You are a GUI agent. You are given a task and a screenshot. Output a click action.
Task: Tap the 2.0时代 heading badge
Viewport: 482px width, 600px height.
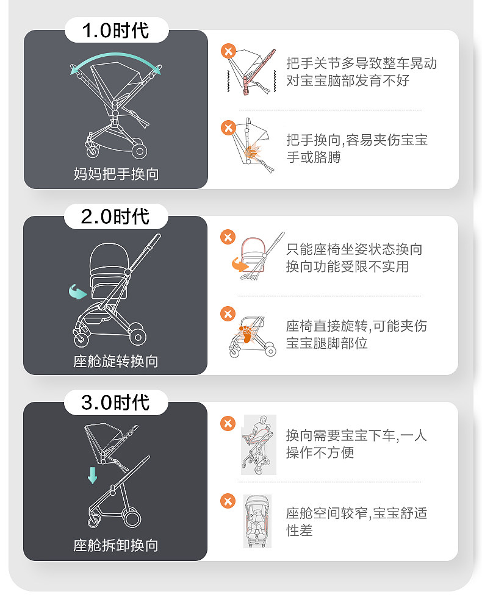coord(115,216)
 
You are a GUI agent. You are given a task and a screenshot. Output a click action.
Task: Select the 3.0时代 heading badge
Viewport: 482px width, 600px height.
coord(115,402)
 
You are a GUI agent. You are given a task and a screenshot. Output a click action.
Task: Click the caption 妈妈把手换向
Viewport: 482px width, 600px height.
coord(115,174)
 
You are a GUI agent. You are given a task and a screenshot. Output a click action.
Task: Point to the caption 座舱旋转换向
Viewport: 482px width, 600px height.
coord(115,361)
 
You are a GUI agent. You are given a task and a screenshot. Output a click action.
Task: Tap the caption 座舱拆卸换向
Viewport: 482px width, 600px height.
coord(115,545)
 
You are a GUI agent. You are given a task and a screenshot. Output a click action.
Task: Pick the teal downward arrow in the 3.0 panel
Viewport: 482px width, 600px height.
coord(92,474)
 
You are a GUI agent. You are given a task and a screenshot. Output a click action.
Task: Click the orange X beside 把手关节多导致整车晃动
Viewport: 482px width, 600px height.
coord(228,51)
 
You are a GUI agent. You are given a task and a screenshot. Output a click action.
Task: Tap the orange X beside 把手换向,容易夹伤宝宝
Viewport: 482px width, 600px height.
coord(228,128)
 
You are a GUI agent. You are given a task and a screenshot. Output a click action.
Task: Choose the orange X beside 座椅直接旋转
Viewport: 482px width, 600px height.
coord(228,314)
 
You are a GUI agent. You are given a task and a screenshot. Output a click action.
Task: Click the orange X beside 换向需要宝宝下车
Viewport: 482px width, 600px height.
coord(228,423)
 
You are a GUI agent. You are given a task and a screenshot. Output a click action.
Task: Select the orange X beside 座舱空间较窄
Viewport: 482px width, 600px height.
coord(228,501)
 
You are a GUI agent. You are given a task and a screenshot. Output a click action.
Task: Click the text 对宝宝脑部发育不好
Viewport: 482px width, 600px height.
coord(348,80)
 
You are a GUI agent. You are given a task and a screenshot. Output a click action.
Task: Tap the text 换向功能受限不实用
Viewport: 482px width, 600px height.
coord(347,266)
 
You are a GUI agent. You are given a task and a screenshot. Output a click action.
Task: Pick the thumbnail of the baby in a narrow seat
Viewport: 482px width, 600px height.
coord(257,521)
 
